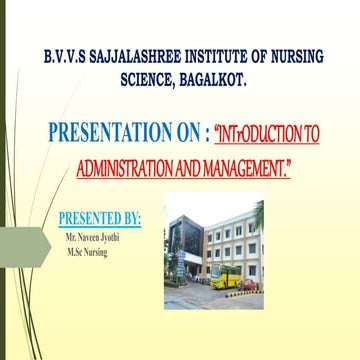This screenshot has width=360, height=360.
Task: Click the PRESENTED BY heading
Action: (x=100, y=217)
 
